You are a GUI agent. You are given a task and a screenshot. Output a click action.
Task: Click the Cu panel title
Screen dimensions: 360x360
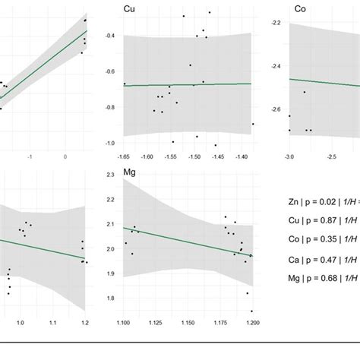tap(130, 8)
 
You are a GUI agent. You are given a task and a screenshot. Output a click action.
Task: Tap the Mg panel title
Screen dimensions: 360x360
tap(131, 173)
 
